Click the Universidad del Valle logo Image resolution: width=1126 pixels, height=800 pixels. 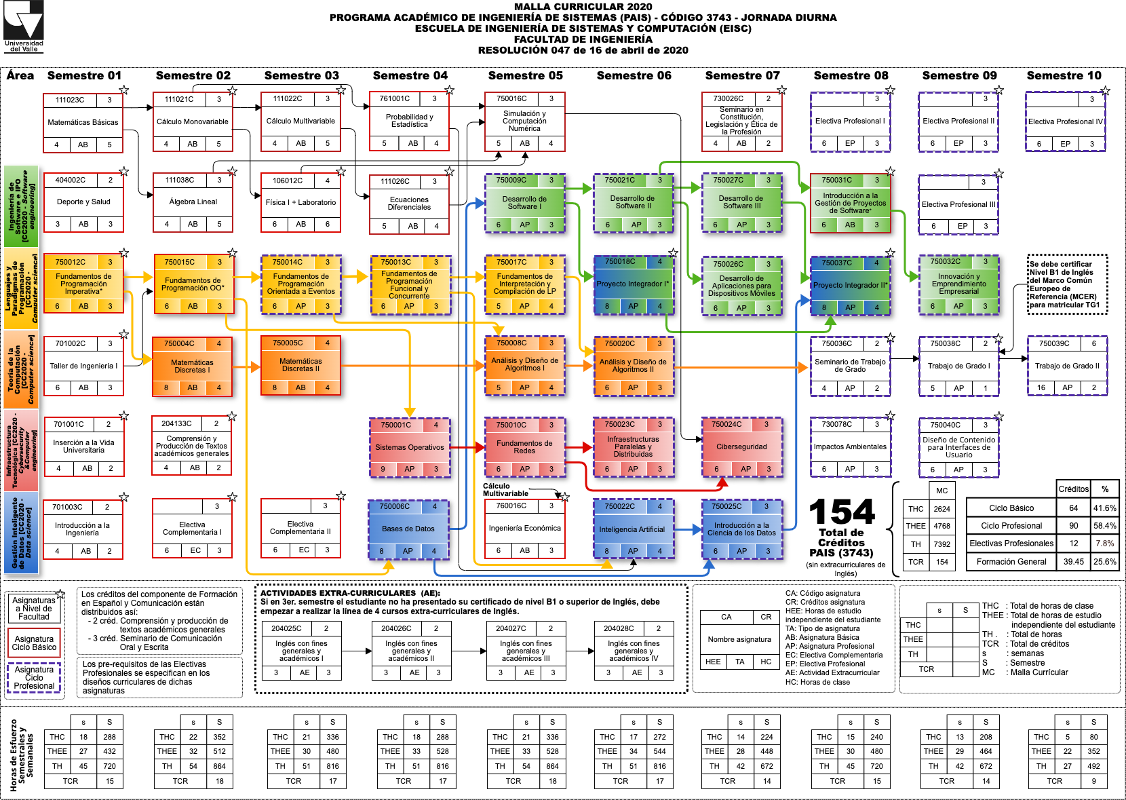tap(24, 26)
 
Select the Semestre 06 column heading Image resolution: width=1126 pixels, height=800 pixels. tap(634, 75)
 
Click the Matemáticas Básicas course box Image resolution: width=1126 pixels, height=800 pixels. tap(83, 123)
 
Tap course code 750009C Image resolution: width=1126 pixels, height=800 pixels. tap(511, 180)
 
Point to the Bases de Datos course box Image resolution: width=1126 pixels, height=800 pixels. tap(408, 529)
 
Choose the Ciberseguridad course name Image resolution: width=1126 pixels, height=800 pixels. tap(741, 447)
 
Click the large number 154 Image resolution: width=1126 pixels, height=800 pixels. tap(842, 512)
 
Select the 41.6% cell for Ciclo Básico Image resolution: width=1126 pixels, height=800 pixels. tap(1104, 508)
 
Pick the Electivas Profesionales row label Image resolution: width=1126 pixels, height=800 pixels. tap(1011, 544)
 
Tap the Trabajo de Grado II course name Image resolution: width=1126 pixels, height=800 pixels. tap(1067, 366)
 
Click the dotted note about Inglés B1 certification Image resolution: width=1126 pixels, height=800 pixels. tap(1067, 284)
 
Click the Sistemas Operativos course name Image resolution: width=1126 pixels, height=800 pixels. tap(409, 448)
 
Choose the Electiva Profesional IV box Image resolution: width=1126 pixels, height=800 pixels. tap(1065, 122)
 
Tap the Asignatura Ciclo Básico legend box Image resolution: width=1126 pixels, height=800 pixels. tap(34, 643)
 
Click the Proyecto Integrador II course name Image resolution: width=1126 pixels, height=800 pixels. tap(850, 286)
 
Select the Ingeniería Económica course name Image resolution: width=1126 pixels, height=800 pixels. tap(524, 529)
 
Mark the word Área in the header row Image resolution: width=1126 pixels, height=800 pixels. tap(20, 75)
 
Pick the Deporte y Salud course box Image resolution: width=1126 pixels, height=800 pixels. tap(83, 202)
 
